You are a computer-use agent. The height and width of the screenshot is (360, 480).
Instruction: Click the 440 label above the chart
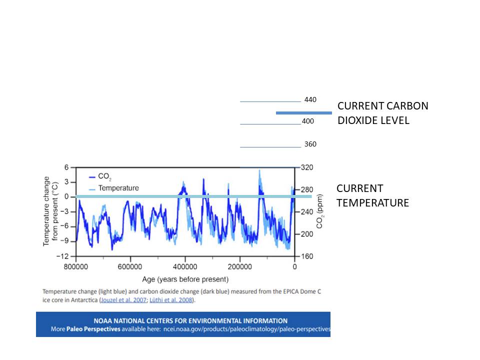(x=310, y=99)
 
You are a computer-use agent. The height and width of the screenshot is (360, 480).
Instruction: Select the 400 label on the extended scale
(x=307, y=121)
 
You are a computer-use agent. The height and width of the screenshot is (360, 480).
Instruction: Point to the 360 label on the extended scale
(x=310, y=144)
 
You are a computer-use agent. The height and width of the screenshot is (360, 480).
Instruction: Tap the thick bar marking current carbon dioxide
(x=303, y=113)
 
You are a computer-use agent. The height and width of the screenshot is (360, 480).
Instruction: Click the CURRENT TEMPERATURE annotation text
(x=372, y=195)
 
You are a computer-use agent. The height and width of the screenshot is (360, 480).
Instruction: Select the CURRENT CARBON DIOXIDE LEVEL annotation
(x=382, y=113)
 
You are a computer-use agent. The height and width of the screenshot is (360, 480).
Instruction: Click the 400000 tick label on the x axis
(x=185, y=267)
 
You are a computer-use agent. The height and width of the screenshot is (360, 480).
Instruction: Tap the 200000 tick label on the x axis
(x=239, y=267)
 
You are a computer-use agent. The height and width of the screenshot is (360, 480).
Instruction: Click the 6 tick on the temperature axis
(x=66, y=167)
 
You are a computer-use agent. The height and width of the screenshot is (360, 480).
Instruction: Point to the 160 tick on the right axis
(x=306, y=256)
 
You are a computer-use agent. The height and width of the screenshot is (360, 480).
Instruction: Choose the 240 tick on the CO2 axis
(x=306, y=211)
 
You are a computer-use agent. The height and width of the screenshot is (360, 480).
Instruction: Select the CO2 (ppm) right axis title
(x=320, y=211)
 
